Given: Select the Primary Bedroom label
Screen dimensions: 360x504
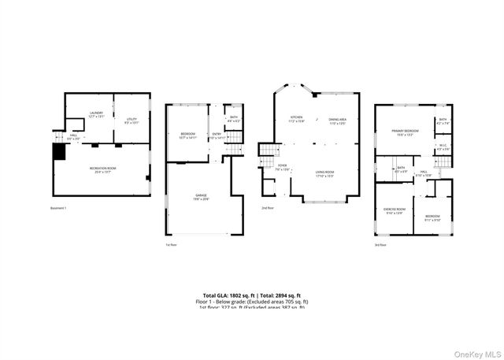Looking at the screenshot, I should coord(406,132).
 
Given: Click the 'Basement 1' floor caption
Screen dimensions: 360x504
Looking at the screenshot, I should coord(59,208).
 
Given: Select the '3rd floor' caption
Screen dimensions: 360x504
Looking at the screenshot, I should coord(380,244).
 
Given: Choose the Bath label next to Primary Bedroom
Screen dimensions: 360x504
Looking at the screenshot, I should coord(443,121).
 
